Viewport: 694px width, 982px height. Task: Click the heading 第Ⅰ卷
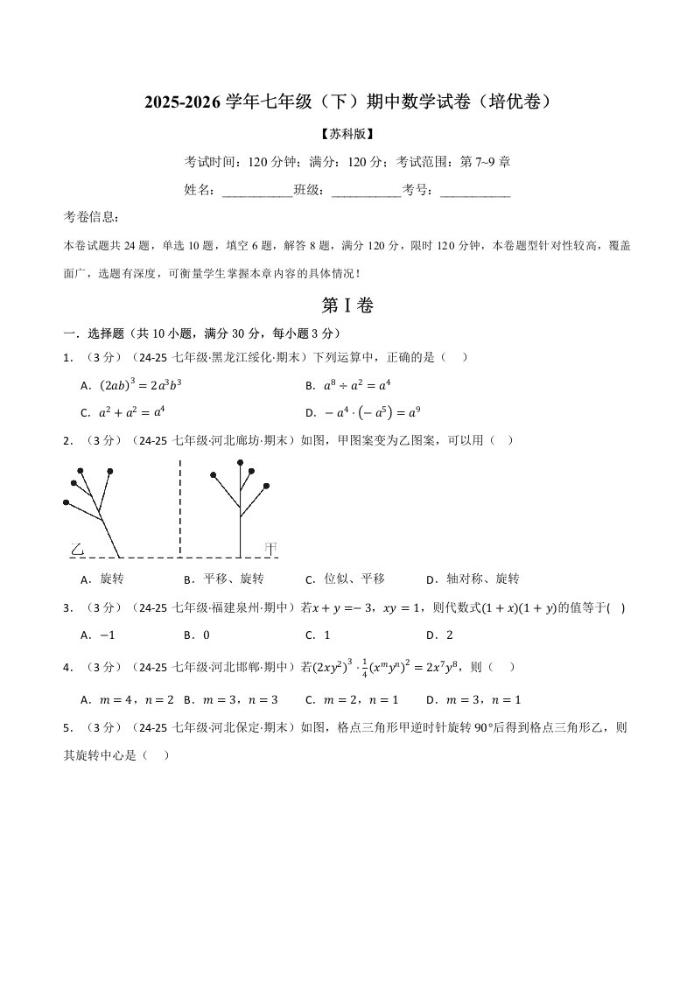347,305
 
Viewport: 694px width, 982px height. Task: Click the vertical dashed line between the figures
180,508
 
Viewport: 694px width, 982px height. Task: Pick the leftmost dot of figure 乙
66,502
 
